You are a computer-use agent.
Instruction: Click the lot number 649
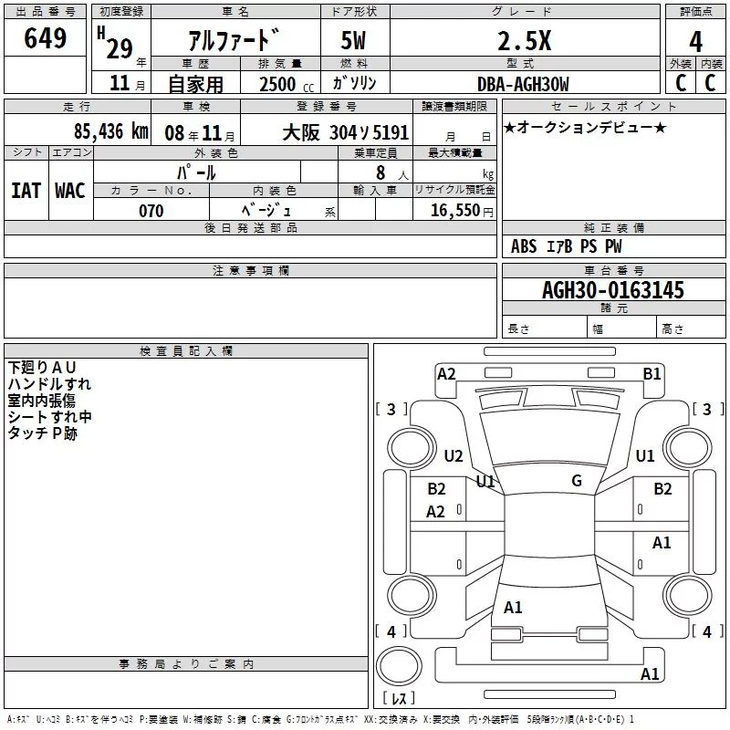coord(45,37)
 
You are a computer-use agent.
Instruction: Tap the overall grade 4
coord(695,41)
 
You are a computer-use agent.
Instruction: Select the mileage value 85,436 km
coord(111,131)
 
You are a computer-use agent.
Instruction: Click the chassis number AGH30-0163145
coord(613,290)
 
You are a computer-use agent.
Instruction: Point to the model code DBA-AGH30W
coord(523,84)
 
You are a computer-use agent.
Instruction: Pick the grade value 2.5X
coord(524,41)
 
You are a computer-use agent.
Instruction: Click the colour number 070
coord(151,211)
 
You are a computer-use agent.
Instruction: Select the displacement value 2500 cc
coord(287,84)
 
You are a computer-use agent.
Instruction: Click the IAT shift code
coord(26,191)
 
